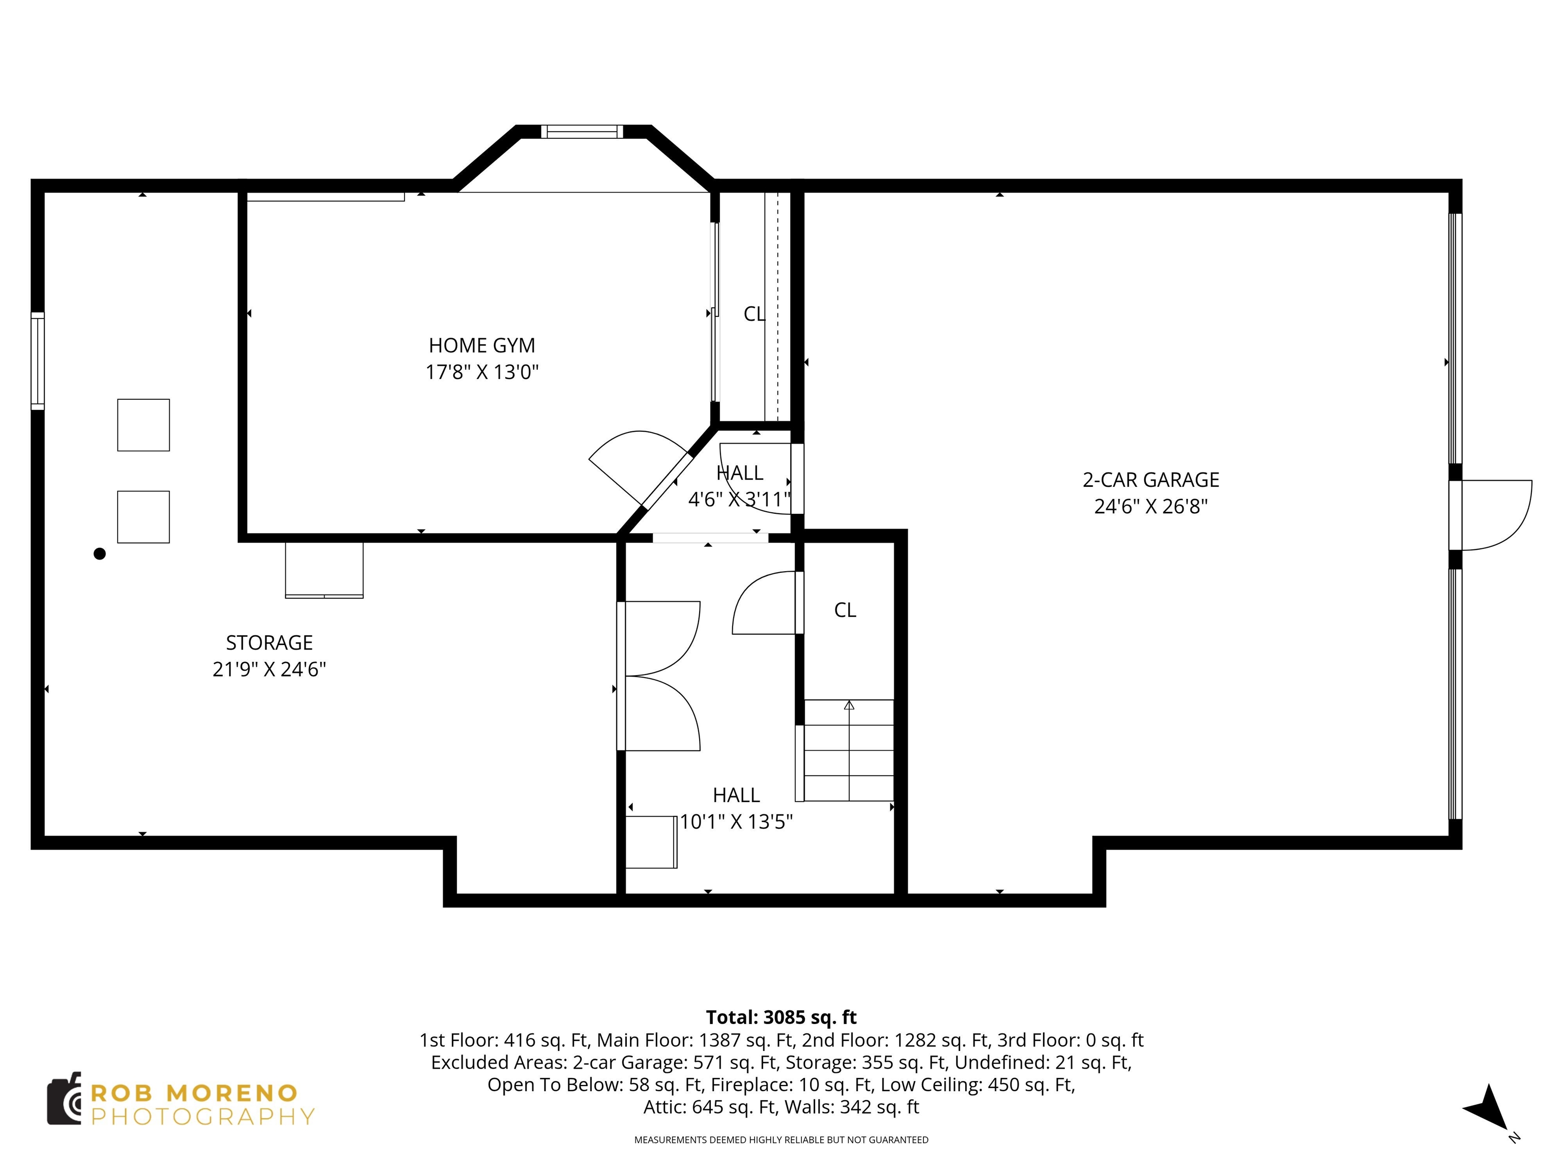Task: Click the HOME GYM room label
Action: [481, 345]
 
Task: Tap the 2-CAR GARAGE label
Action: [1150, 480]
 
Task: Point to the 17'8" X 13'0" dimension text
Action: [482, 372]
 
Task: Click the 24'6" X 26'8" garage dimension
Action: [1150, 507]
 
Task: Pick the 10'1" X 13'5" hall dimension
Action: [736, 822]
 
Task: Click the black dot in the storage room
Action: [100, 554]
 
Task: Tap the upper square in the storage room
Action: [143, 425]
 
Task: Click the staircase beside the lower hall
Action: [849, 750]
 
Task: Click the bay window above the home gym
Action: [582, 131]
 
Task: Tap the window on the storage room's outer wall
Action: [38, 361]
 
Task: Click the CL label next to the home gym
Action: [754, 314]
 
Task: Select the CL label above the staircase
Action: [845, 610]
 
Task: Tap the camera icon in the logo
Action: [64, 1099]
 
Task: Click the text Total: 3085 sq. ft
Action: [781, 1017]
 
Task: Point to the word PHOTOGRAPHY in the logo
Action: [203, 1117]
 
